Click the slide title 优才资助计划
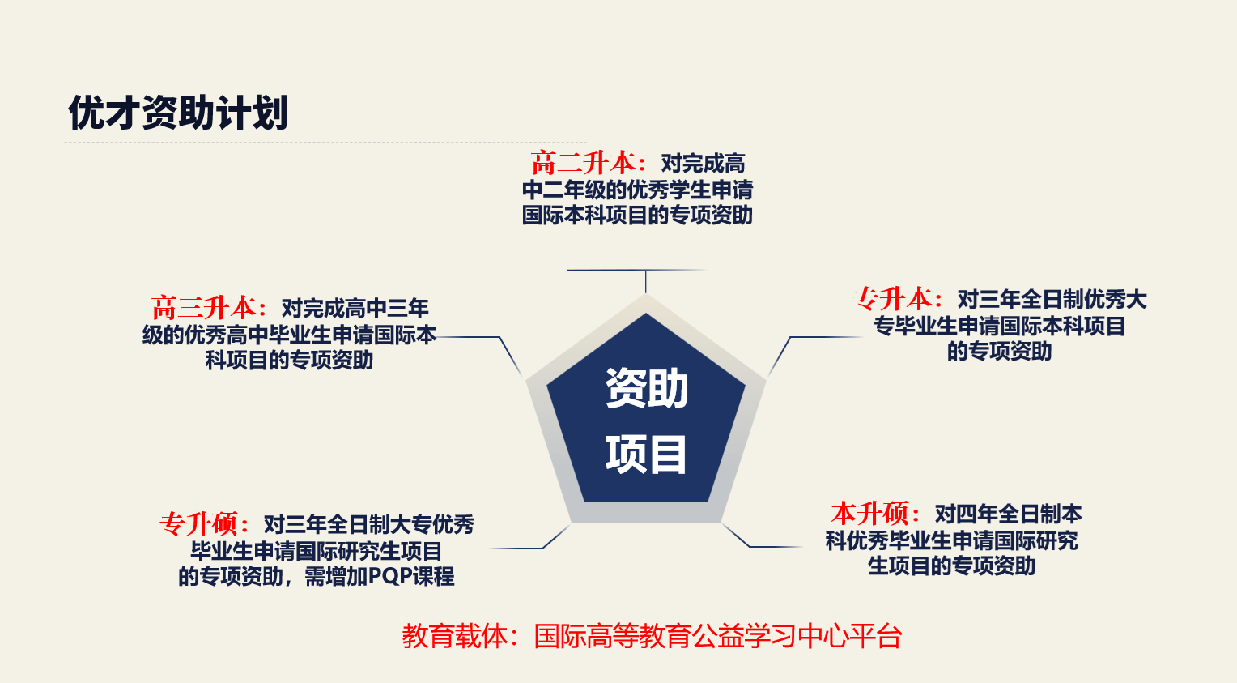178,113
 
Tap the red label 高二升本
584,163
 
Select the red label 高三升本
204,308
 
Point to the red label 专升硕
199,524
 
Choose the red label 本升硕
870,514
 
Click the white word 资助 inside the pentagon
646,388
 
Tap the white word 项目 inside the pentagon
646,455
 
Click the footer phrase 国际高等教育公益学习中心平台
718,636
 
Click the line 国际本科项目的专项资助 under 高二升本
637,216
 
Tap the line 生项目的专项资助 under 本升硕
951,566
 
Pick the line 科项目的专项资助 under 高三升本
289,361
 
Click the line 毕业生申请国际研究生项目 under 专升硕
317,551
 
